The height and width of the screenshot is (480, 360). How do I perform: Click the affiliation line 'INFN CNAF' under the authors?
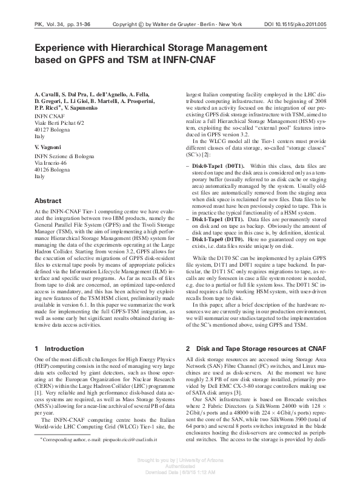(49, 115)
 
